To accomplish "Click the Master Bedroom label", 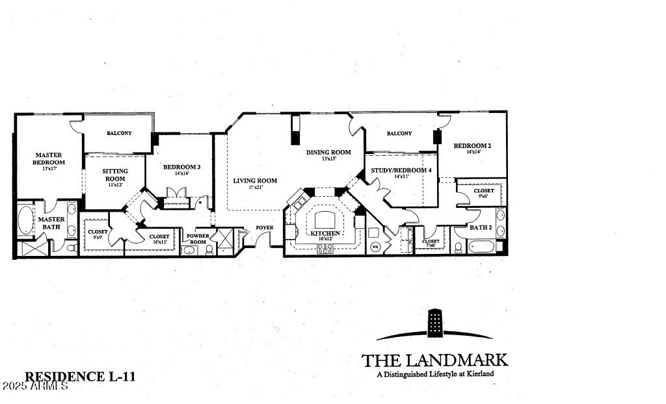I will pyautogui.click(x=49, y=158).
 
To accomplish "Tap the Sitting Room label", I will pyautogui.click(x=115, y=175).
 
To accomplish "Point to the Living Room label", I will pyautogui.click(x=255, y=181).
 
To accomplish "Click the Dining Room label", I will pyautogui.click(x=328, y=153).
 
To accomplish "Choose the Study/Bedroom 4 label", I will pyautogui.click(x=401, y=170).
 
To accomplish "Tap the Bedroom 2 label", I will pyautogui.click(x=472, y=145).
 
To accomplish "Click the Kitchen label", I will pyautogui.click(x=323, y=233).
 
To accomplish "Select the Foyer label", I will pyautogui.click(x=264, y=227).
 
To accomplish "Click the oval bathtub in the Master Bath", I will pyautogui.click(x=26, y=220).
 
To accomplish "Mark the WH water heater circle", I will pyautogui.click(x=375, y=247).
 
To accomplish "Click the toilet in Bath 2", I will pyautogui.click(x=459, y=247).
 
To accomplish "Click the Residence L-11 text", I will pyautogui.click(x=80, y=376).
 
